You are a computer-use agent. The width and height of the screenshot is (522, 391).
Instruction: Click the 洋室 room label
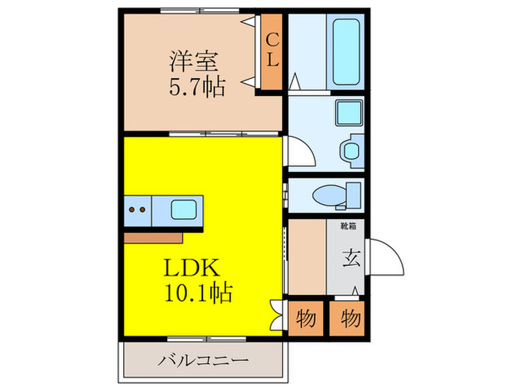coord(189,60)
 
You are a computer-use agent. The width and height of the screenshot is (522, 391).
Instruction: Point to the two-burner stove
coord(136,210)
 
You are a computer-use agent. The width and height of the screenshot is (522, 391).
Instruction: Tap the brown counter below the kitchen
coord(153,237)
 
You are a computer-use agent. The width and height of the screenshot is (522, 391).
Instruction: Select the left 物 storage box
coord(306,318)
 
